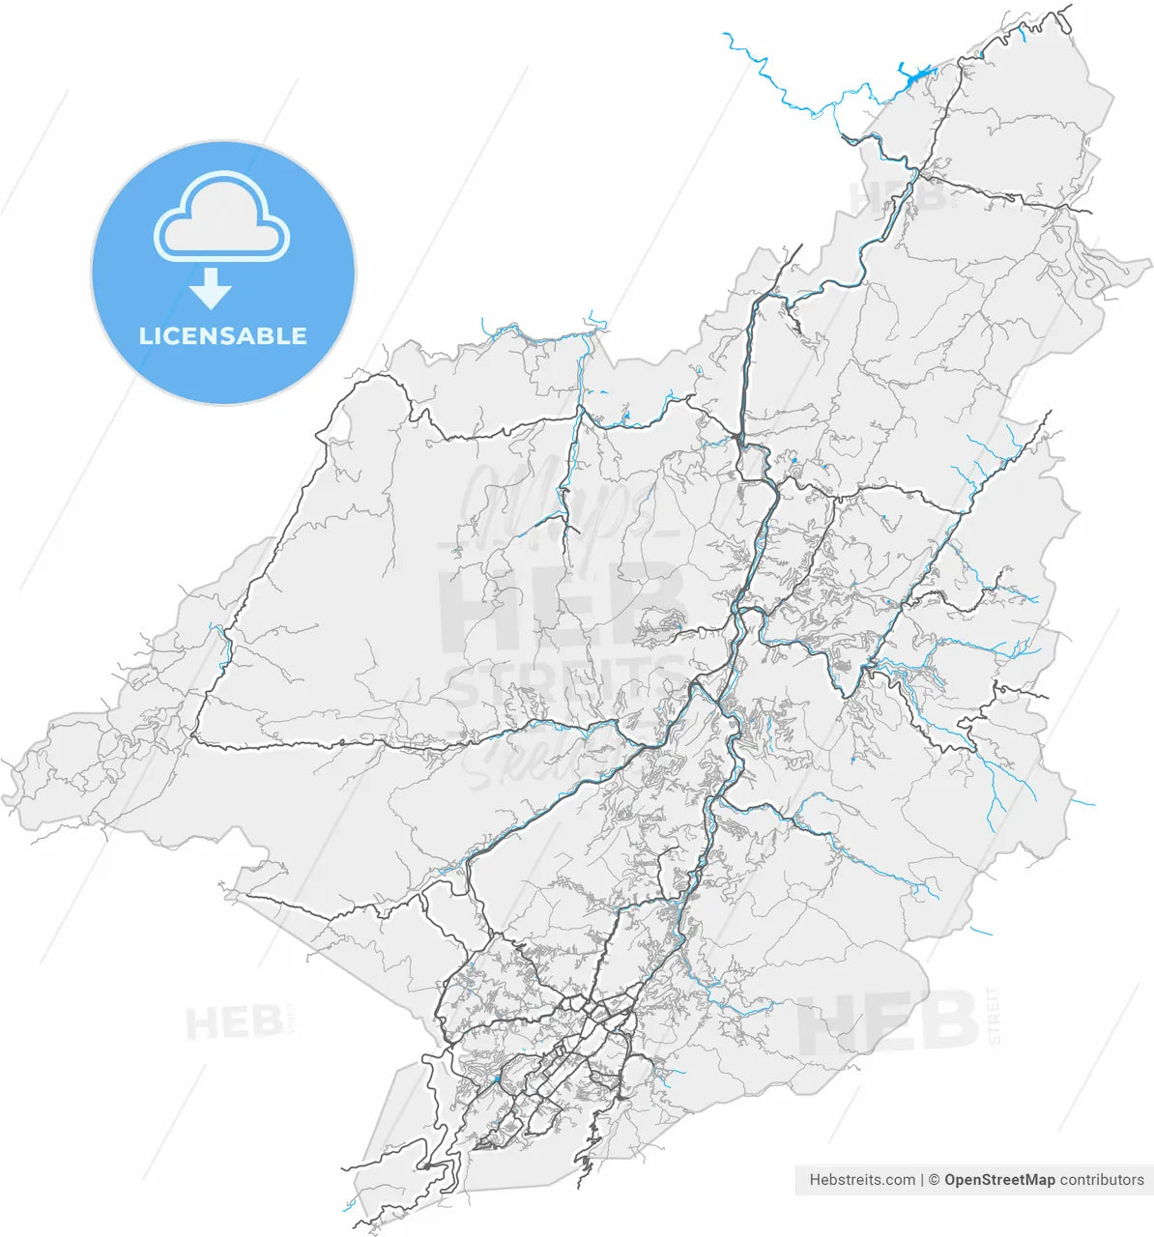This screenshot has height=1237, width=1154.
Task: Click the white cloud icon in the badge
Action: (221, 219)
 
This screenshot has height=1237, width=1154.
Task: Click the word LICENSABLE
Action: (222, 336)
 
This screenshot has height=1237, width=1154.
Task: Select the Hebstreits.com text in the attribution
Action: (862, 1180)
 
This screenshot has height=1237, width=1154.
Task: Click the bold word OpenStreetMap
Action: (999, 1180)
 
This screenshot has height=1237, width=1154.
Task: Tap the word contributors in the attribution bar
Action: (1102, 1180)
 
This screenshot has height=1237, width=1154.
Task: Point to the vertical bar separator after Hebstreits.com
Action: (923, 1180)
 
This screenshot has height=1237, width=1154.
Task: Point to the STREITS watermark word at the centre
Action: (565, 680)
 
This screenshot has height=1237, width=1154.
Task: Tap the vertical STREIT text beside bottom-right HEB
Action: (995, 1015)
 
